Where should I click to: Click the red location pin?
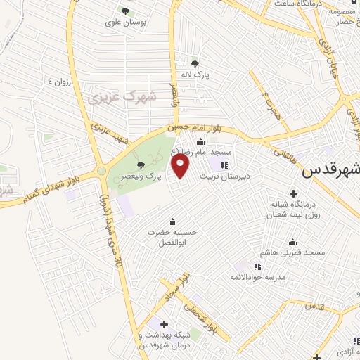coord(181,167)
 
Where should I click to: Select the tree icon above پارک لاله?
coord(205,61)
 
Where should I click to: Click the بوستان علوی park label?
coord(125,22)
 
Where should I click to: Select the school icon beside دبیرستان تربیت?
coord(225,165)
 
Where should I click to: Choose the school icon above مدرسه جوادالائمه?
coord(257,266)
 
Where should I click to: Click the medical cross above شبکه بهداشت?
coord(164,324)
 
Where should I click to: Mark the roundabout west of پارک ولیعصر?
coord(101,171)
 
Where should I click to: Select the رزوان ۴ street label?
coord(60,82)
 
